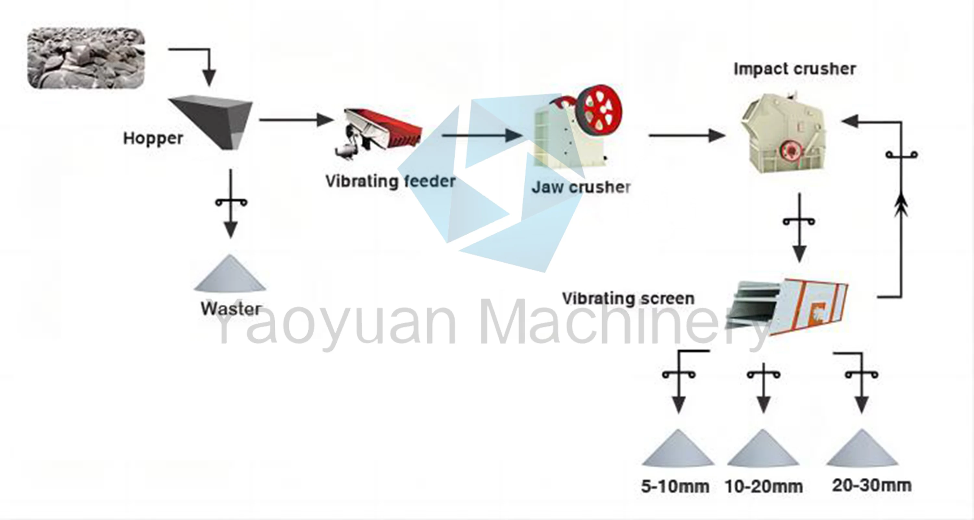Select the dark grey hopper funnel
tap(216, 119)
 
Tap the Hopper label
tap(153, 138)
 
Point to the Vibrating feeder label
tap(391, 181)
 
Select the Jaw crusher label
tap(581, 187)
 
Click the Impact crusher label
tap(795, 69)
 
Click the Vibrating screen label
tap(628, 299)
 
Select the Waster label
tap(231, 309)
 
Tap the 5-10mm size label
tap(675, 486)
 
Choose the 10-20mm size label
tap(764, 486)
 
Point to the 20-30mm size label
tap(871, 485)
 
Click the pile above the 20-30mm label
tap(862, 448)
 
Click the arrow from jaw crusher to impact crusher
tap(686, 135)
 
